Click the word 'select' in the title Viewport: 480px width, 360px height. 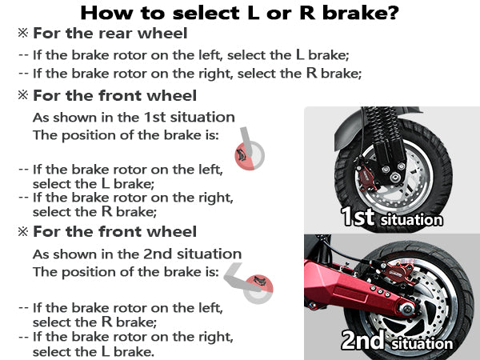[x=206, y=13]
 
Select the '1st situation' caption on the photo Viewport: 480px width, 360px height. [x=392, y=217]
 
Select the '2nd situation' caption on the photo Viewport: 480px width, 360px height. [x=397, y=340]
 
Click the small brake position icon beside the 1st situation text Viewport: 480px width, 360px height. [x=249, y=150]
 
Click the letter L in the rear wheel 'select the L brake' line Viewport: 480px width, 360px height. [x=300, y=54]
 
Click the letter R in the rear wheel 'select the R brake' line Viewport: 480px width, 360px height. [x=312, y=73]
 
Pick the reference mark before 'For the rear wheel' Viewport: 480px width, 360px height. [x=23, y=33]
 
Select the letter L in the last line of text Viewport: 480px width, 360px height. [x=106, y=351]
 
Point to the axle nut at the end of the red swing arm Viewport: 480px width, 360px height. [x=407, y=308]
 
